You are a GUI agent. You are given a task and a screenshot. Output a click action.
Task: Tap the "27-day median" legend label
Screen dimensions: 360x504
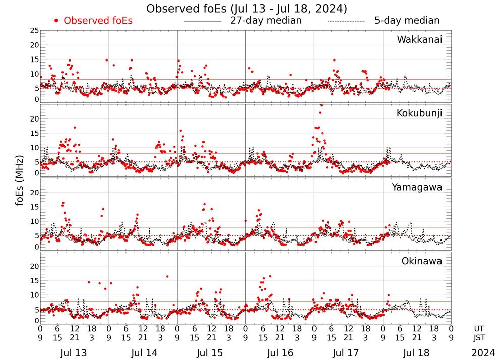coord(266,21)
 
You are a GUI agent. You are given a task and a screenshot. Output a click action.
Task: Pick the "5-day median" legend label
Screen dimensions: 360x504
coord(407,21)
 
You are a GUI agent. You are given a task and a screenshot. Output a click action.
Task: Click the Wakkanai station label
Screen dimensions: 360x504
coord(419,39)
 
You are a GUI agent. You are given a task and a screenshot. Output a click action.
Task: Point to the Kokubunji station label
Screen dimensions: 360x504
coord(419,113)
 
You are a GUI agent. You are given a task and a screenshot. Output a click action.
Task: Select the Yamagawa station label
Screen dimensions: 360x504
coord(417,187)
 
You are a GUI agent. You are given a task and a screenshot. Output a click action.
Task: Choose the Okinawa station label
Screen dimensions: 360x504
coord(422,261)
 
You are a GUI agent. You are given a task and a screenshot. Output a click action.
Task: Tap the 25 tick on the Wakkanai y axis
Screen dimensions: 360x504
coord(34,31)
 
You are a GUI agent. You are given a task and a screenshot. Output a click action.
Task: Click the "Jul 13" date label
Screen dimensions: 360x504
coord(74,353)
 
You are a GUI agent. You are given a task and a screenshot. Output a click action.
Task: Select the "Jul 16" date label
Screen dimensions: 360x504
coord(280,353)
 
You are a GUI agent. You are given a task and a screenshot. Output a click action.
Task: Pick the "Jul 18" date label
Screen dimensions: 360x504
coord(417,353)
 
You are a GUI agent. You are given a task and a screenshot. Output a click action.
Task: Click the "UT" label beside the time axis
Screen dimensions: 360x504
coord(479,328)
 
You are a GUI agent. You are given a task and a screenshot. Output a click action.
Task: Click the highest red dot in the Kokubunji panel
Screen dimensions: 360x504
coord(321,105)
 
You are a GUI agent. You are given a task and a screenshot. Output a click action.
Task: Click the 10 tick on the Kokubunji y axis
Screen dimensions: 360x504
coord(34,148)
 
